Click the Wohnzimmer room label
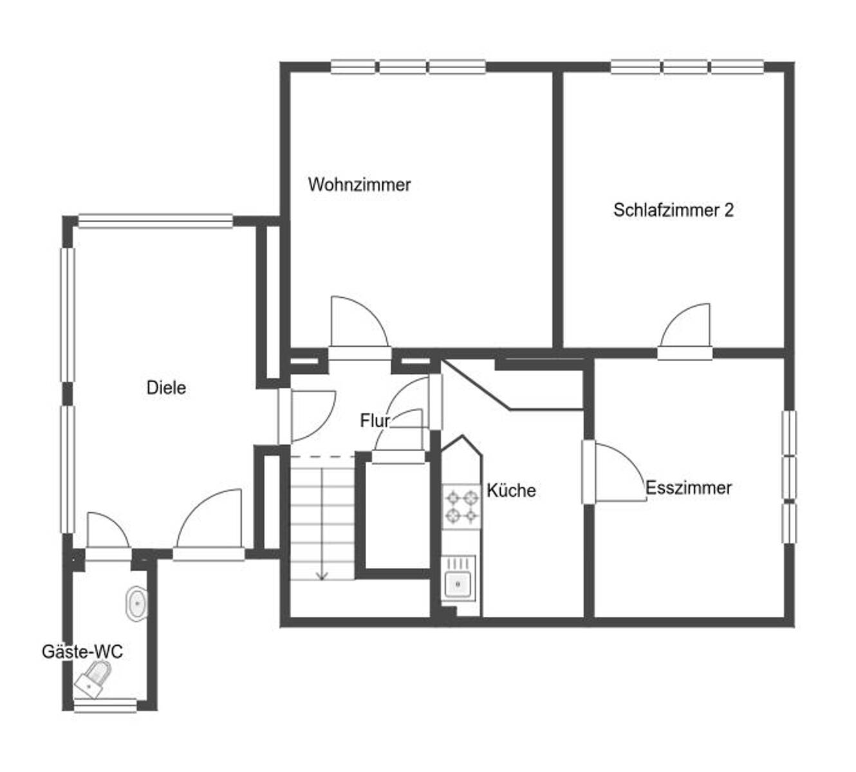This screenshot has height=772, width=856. tap(359, 185)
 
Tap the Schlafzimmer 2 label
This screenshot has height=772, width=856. tap(673, 210)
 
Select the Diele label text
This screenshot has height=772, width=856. tap(166, 388)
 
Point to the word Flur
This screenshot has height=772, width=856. tap(375, 421)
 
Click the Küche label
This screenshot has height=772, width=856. tap(511, 490)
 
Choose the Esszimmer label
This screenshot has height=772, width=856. tap(688, 488)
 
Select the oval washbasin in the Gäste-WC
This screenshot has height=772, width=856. tap(136, 603)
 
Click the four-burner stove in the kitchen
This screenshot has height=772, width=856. tap(461, 507)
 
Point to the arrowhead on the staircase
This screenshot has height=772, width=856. tap(322, 576)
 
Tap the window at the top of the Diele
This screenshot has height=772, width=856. tap(155, 221)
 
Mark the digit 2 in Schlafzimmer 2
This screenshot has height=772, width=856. tap(729, 210)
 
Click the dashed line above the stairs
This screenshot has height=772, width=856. tap(322, 457)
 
